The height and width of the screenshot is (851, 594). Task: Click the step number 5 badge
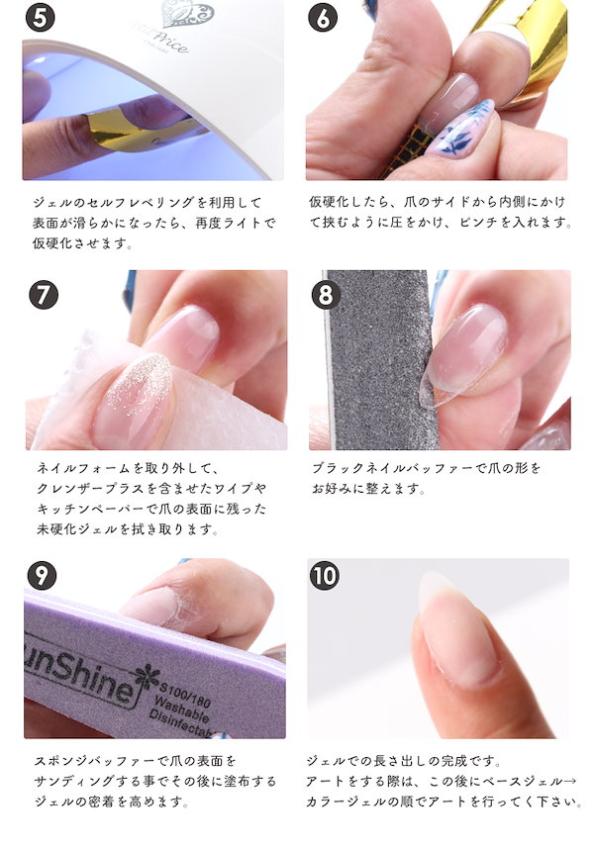[x=41, y=17]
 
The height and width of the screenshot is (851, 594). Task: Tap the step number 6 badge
[x=323, y=17]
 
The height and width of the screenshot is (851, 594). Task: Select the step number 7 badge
[x=44, y=295]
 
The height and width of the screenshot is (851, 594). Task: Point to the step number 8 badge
[x=326, y=295]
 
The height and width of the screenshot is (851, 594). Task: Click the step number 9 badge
[x=42, y=575]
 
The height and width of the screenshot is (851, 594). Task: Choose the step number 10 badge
[x=325, y=575]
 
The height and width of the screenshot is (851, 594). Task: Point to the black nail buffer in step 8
[x=380, y=359]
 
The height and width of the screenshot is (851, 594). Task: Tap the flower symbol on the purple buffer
[x=147, y=676]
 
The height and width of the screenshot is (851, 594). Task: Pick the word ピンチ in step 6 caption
[x=478, y=223]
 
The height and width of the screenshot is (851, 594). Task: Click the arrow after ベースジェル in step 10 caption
[x=569, y=781]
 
